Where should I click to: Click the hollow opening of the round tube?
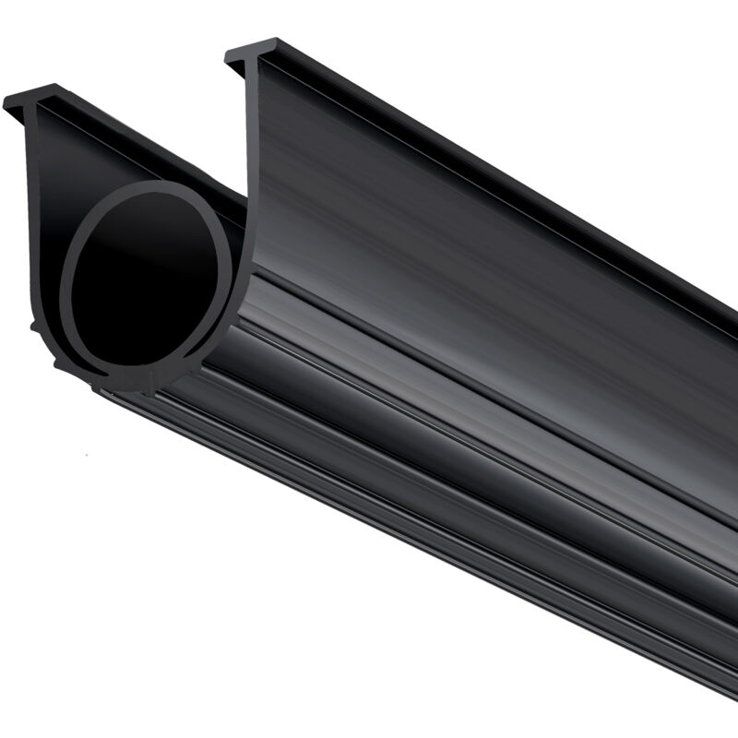click(148, 281)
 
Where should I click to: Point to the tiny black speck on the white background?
click(85, 454)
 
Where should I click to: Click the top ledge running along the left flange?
click(138, 138)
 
